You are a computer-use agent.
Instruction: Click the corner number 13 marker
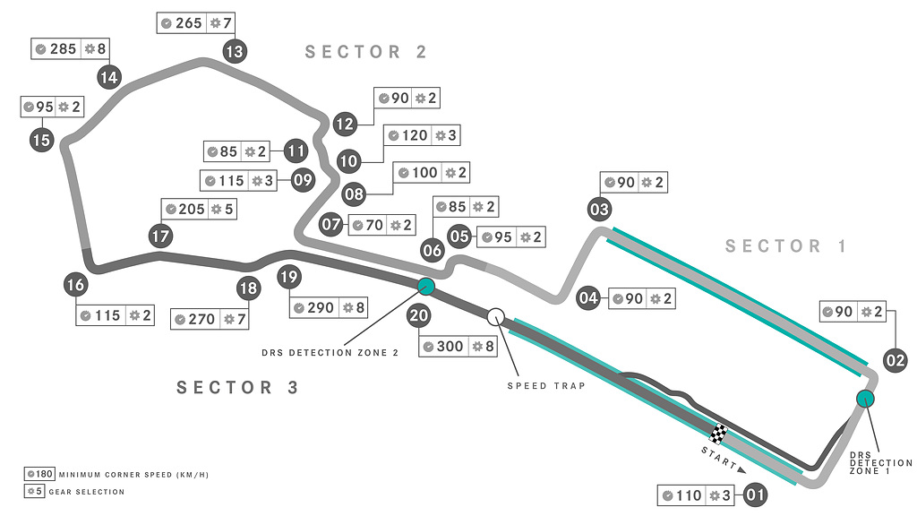(235, 52)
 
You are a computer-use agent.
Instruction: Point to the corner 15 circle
(41, 140)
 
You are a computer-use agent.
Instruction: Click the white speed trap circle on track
(496, 316)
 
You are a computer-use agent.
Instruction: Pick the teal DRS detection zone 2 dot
(426, 287)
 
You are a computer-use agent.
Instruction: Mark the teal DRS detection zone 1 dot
(865, 399)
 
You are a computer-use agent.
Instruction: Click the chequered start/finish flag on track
(719, 434)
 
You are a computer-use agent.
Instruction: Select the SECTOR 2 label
(366, 52)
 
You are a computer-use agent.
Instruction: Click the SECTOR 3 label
(237, 388)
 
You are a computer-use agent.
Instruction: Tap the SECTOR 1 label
(786, 246)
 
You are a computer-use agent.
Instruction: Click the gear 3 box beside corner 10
(446, 135)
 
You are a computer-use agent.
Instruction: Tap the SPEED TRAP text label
(546, 386)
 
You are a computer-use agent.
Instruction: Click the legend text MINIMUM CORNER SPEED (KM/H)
(133, 474)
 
